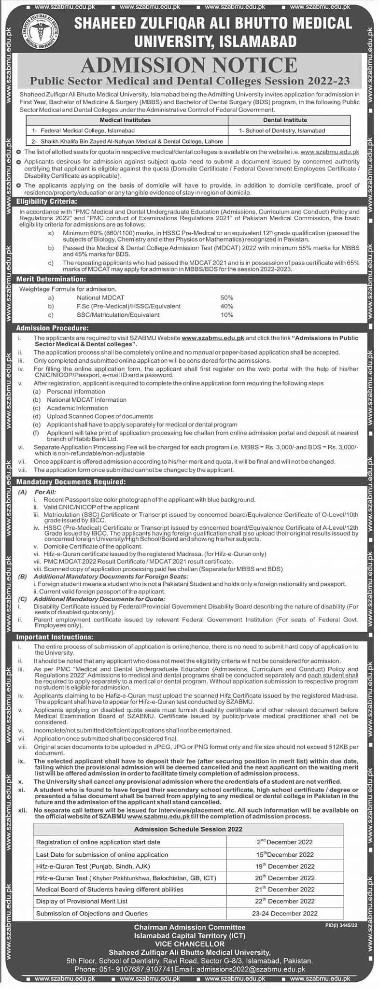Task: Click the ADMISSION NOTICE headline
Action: [x=190, y=65]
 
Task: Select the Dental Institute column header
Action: [x=285, y=120]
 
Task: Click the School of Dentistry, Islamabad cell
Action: [x=282, y=130]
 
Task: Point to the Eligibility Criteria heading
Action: [x=46, y=201]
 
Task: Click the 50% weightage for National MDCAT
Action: [x=226, y=297]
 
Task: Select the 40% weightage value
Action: [x=226, y=306]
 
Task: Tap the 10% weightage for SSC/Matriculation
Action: [x=226, y=315]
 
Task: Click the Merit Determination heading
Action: [x=51, y=279]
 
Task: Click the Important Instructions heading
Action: [x=55, y=637]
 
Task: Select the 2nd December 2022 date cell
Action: [x=285, y=842]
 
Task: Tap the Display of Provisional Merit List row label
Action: [x=82, y=901]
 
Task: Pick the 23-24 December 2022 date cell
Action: [x=285, y=913]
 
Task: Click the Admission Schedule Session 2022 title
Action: [x=188, y=829]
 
